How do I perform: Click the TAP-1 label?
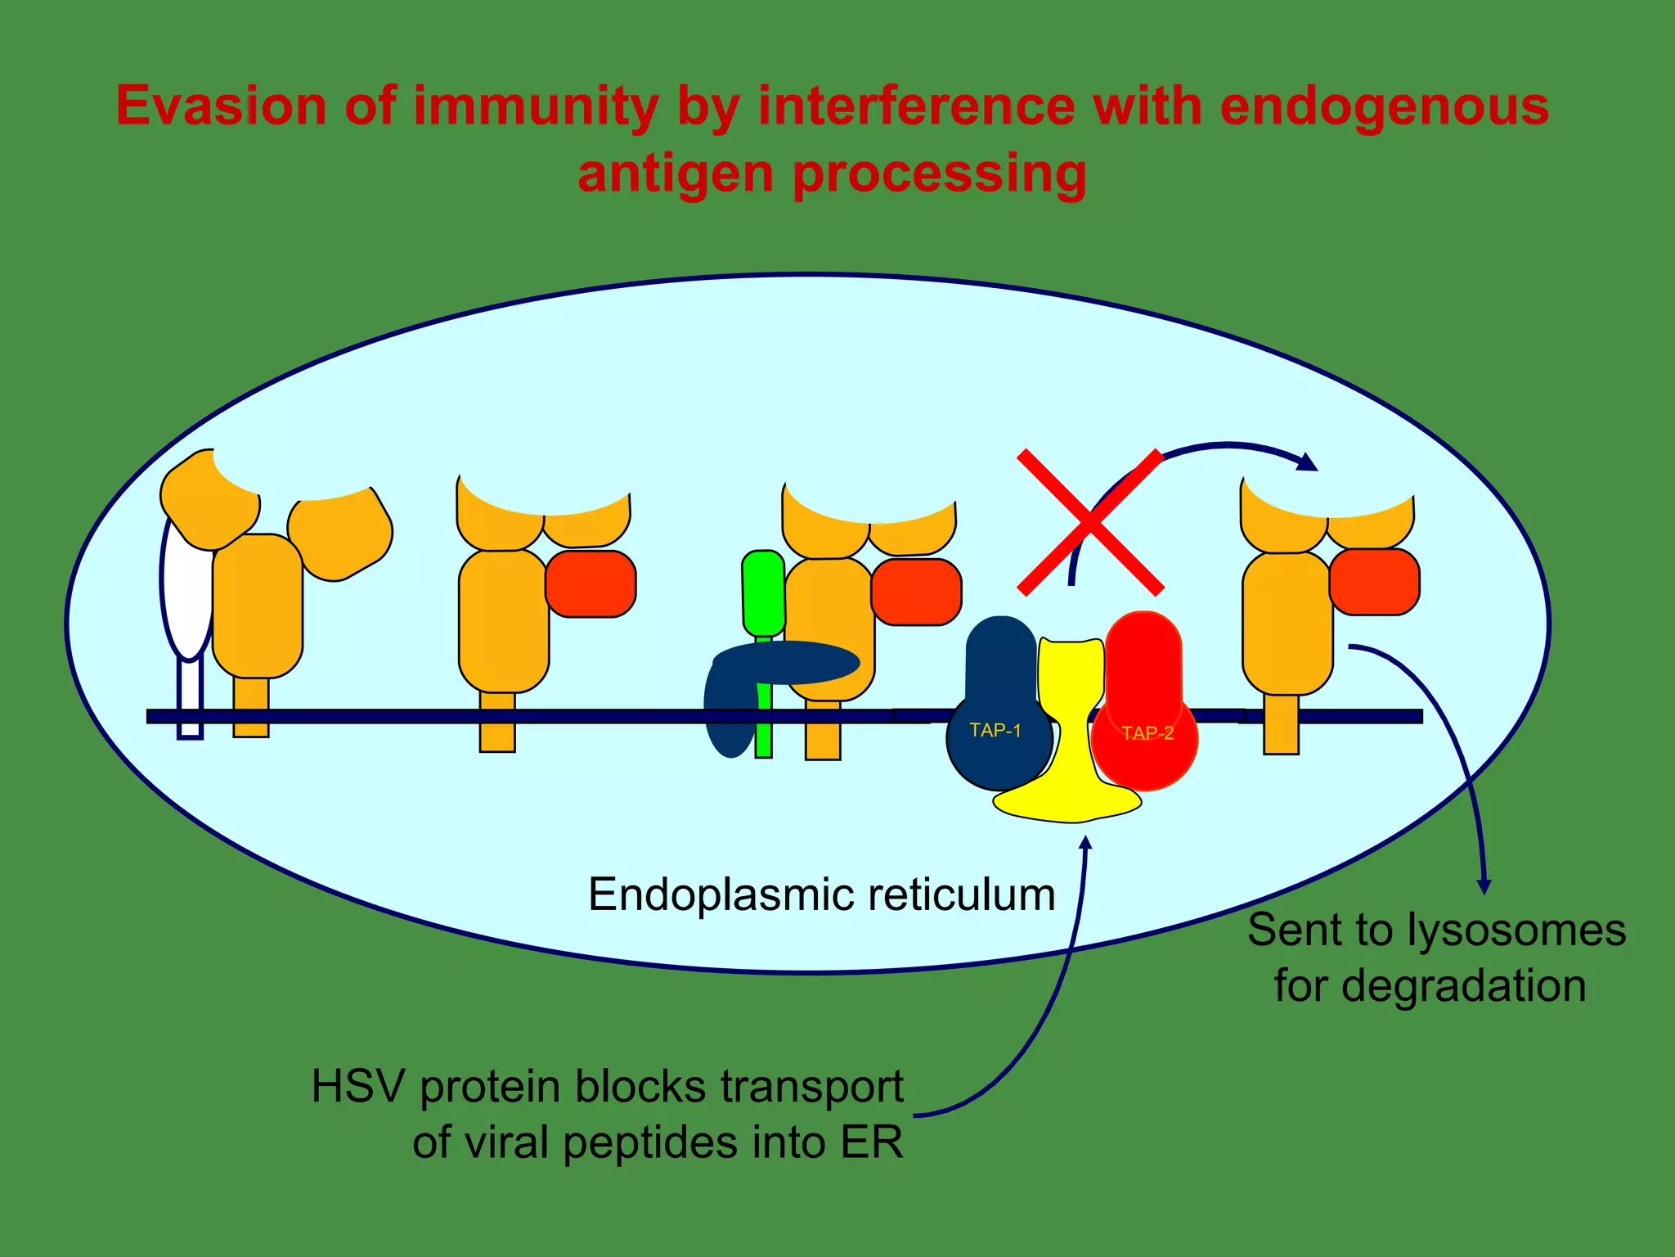pyautogui.click(x=995, y=731)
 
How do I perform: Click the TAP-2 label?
pyautogui.click(x=1147, y=733)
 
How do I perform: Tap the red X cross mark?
pyautogui.click(x=1090, y=521)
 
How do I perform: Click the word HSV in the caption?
pyautogui.click(x=357, y=1088)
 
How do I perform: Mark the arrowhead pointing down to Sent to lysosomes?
pyautogui.click(x=1484, y=886)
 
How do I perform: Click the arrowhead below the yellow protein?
pyautogui.click(x=1086, y=843)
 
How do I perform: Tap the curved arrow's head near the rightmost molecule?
pyautogui.click(x=1309, y=463)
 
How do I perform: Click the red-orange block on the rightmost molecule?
pyautogui.click(x=1374, y=582)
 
